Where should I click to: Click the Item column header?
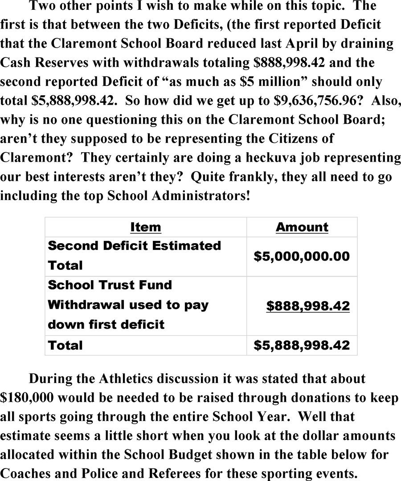[145, 227]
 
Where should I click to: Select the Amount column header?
[302, 227]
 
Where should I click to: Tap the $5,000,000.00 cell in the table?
[302, 256]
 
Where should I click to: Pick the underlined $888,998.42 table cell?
[307, 306]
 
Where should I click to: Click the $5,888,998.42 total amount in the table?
[302, 345]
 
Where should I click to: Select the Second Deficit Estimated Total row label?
[134, 255]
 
